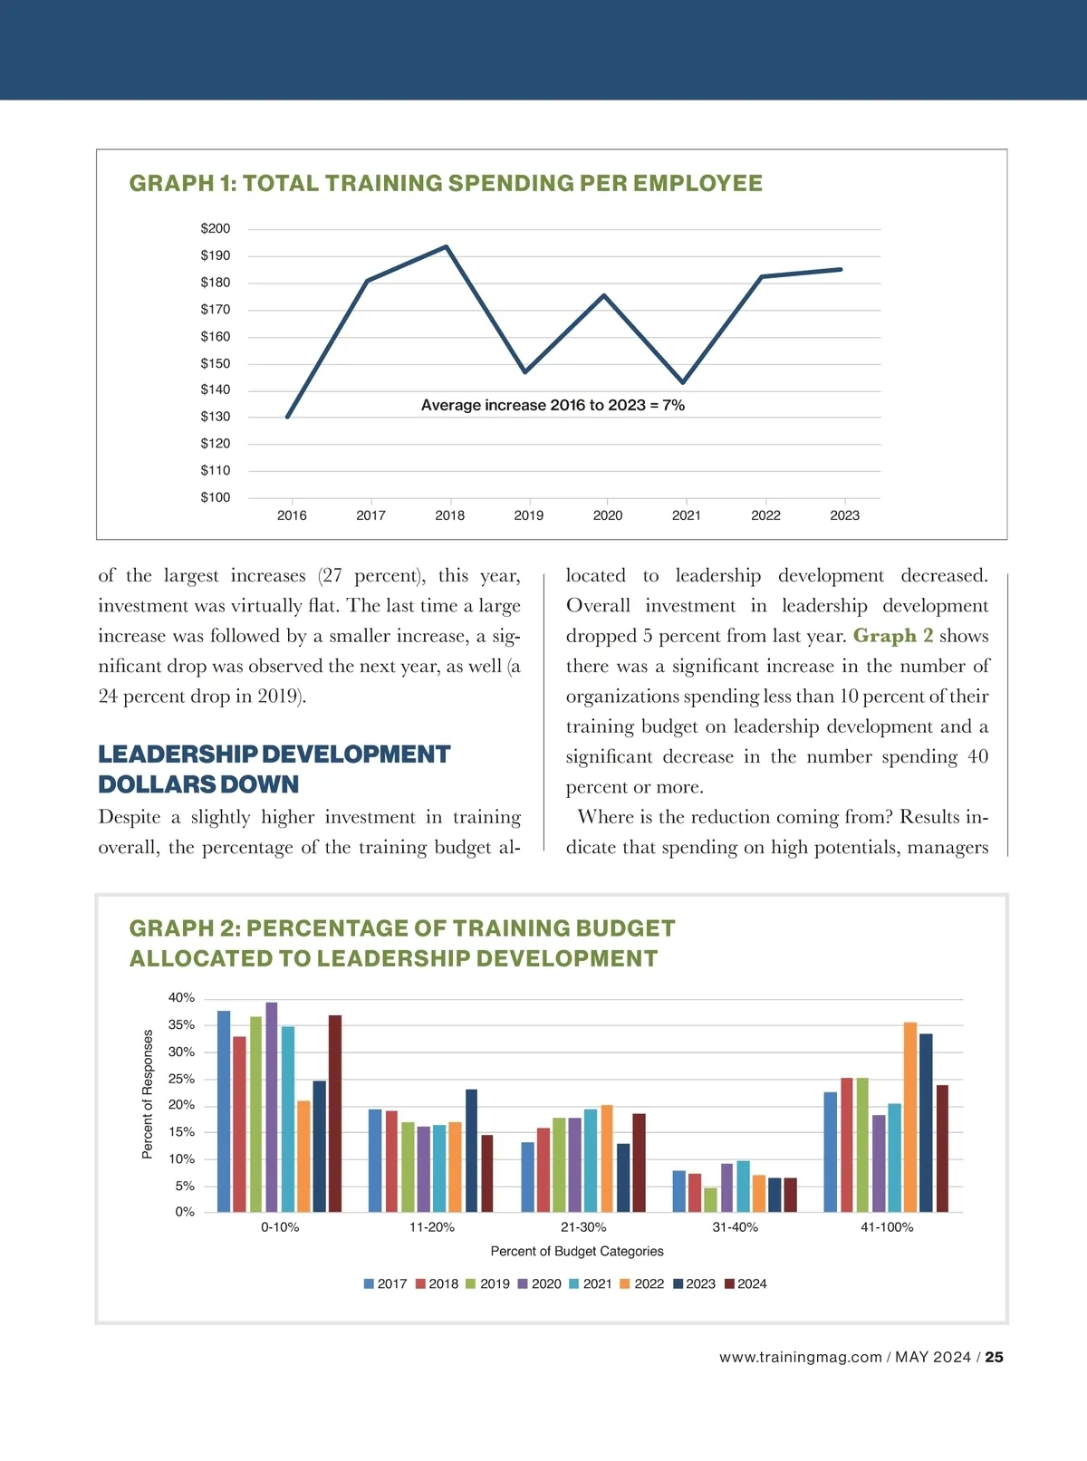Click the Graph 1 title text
click(x=446, y=183)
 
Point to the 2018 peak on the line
click(x=447, y=246)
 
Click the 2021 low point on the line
click(x=683, y=382)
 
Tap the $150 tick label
click(x=216, y=363)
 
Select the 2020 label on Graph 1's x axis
click(x=608, y=515)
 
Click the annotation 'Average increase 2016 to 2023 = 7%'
click(x=553, y=405)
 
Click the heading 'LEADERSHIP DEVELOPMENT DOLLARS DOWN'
click(x=274, y=769)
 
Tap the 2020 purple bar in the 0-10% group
click(x=272, y=1107)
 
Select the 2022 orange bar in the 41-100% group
click(x=910, y=1117)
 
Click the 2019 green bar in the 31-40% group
click(x=710, y=1199)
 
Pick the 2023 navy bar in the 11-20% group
click(x=471, y=1150)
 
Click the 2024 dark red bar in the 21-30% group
click(x=639, y=1162)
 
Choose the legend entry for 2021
click(x=591, y=1283)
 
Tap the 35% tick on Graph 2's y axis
click(x=181, y=1024)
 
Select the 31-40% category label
click(x=735, y=1227)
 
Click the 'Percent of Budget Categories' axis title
click(x=577, y=1251)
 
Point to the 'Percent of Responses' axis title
click(x=148, y=1093)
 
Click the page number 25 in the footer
click(x=994, y=1357)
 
